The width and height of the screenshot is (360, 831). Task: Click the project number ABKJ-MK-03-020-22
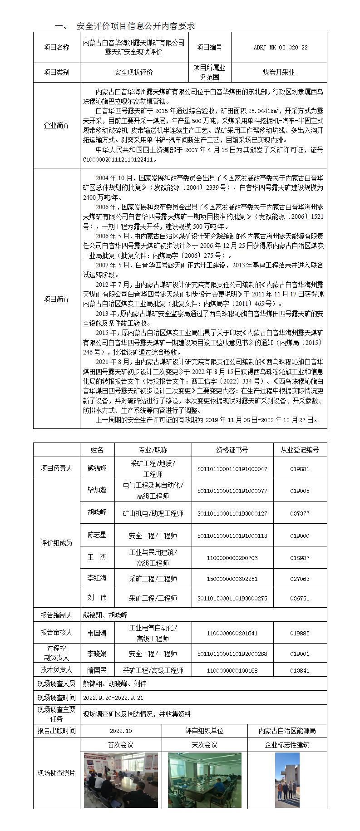point(280,47)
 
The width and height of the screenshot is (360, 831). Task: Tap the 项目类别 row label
point(56,72)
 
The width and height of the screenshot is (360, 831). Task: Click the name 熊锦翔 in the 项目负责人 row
point(97,468)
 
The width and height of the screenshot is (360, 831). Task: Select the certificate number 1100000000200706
point(232,558)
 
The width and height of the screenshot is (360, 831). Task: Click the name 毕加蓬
point(97,490)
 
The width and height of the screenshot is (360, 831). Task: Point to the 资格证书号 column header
point(232,450)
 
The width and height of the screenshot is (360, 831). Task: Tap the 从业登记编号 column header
point(300,450)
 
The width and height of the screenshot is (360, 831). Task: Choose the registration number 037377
point(300,513)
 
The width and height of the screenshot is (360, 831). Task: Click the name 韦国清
point(97,633)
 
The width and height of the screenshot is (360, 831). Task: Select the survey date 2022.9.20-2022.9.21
point(113,698)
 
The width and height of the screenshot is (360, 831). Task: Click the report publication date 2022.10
point(121,731)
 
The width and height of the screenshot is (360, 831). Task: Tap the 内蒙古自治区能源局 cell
point(287,731)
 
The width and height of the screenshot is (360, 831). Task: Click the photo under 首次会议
point(121,780)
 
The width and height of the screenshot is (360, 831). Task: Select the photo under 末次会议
point(204,780)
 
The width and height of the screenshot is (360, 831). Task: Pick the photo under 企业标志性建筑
point(287,780)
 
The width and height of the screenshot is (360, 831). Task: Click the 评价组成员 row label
point(56,543)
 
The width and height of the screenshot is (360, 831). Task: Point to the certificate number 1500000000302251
point(232,579)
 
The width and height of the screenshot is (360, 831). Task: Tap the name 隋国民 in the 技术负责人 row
point(97,670)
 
